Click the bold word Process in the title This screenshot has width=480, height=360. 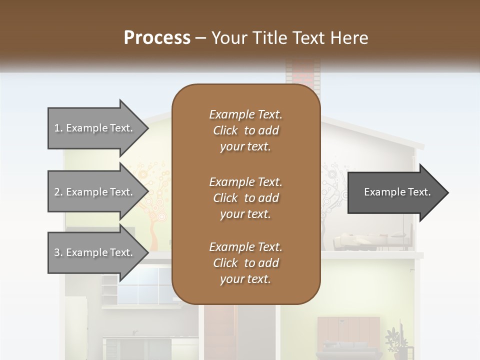coord(157,37)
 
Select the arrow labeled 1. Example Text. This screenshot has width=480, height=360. coord(95,128)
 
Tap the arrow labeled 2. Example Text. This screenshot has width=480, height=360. coord(95,192)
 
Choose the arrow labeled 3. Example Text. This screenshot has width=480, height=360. coord(95,252)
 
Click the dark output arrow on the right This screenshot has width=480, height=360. coord(395,192)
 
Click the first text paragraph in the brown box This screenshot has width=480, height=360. coord(245,130)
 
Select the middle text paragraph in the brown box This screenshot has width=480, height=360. coord(245,197)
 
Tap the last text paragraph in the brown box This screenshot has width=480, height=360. coord(245,262)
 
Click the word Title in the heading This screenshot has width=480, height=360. coord(271,37)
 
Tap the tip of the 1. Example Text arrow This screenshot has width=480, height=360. coord(147,128)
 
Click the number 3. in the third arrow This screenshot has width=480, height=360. coord(58,252)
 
